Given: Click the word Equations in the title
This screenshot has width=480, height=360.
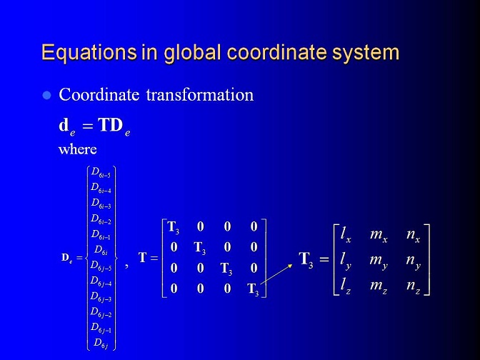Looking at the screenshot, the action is (89, 53).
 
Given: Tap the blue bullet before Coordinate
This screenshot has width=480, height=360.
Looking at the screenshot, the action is (46, 95).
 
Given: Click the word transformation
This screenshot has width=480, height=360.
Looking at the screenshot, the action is (199, 94).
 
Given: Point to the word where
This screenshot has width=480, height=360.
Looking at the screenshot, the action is (77, 149).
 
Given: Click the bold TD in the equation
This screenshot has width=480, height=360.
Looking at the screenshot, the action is (110, 125).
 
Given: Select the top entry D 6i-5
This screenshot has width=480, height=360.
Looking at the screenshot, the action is (101, 173).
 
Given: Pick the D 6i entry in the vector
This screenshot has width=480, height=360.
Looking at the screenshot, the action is (101, 251).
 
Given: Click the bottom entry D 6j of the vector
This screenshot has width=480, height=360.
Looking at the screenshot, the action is (101, 343).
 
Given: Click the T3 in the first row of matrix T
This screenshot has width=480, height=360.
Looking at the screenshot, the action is (174, 227).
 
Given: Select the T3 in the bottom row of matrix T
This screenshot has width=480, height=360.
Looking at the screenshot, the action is (253, 289).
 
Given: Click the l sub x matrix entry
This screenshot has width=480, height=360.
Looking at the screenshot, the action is (346, 235).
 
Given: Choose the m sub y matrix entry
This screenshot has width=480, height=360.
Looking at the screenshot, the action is (379, 261).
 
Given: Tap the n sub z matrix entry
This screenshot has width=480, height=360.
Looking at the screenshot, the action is (414, 286).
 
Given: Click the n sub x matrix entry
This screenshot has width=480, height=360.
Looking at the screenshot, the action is (414, 235).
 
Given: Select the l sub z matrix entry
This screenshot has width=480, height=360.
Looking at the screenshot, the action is (346, 286).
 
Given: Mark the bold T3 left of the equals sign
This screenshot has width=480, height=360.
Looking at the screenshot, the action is (306, 259).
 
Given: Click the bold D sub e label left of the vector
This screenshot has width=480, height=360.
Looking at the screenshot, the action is (66, 258).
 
